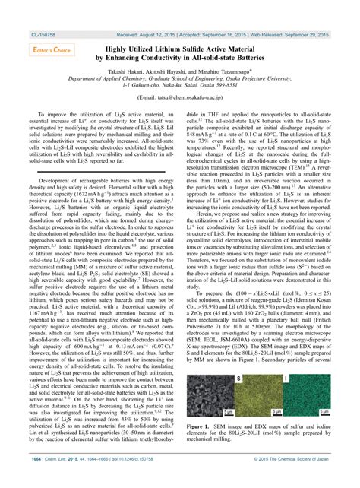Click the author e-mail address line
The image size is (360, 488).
click(180, 98)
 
